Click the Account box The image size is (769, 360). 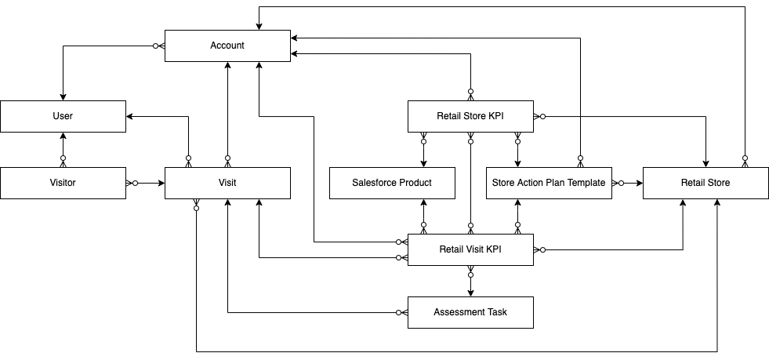click(x=227, y=45)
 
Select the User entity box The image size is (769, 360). click(x=63, y=116)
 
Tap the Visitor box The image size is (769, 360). click(x=63, y=183)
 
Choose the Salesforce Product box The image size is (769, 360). click(x=392, y=183)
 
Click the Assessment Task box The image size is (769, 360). click(x=470, y=312)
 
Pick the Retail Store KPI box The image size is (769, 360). click(x=470, y=116)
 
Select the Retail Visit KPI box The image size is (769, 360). click(x=470, y=249)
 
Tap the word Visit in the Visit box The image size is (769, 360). click(x=227, y=183)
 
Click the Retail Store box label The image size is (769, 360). click(x=706, y=183)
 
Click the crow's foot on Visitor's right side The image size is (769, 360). click(x=130, y=183)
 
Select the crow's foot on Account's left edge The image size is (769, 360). click(x=159, y=45)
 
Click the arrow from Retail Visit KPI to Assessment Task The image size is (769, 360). click(x=470, y=284)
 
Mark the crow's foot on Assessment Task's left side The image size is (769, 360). click(x=402, y=312)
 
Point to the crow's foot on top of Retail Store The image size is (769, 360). click(x=745, y=162)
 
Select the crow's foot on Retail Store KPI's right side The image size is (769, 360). click(x=539, y=116)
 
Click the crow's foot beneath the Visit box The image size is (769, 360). click(x=196, y=204)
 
